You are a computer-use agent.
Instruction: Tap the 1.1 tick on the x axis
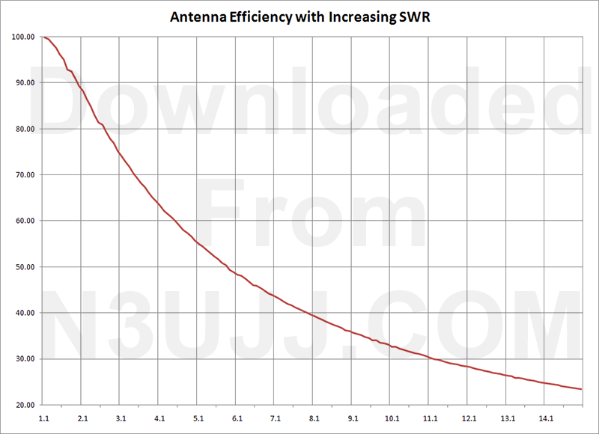[45, 418]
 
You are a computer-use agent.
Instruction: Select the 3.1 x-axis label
[122, 418]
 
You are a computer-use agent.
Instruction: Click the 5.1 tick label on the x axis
[199, 418]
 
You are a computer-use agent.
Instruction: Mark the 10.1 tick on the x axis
[392, 418]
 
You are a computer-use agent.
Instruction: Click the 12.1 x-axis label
[469, 418]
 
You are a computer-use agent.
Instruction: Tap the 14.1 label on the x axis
[547, 418]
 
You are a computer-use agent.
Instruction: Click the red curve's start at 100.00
[45, 37]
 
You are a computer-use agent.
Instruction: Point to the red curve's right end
[581, 389]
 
